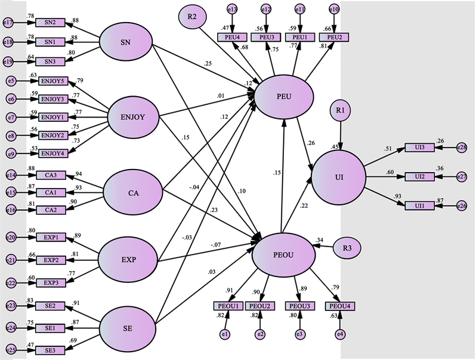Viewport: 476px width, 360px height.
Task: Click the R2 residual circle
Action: (x=192, y=16)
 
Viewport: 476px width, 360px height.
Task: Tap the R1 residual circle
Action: (x=339, y=112)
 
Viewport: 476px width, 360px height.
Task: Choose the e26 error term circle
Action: (x=461, y=206)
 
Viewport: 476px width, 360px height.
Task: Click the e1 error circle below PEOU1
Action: (x=225, y=334)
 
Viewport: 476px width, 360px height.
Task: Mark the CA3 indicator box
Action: (x=50, y=175)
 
